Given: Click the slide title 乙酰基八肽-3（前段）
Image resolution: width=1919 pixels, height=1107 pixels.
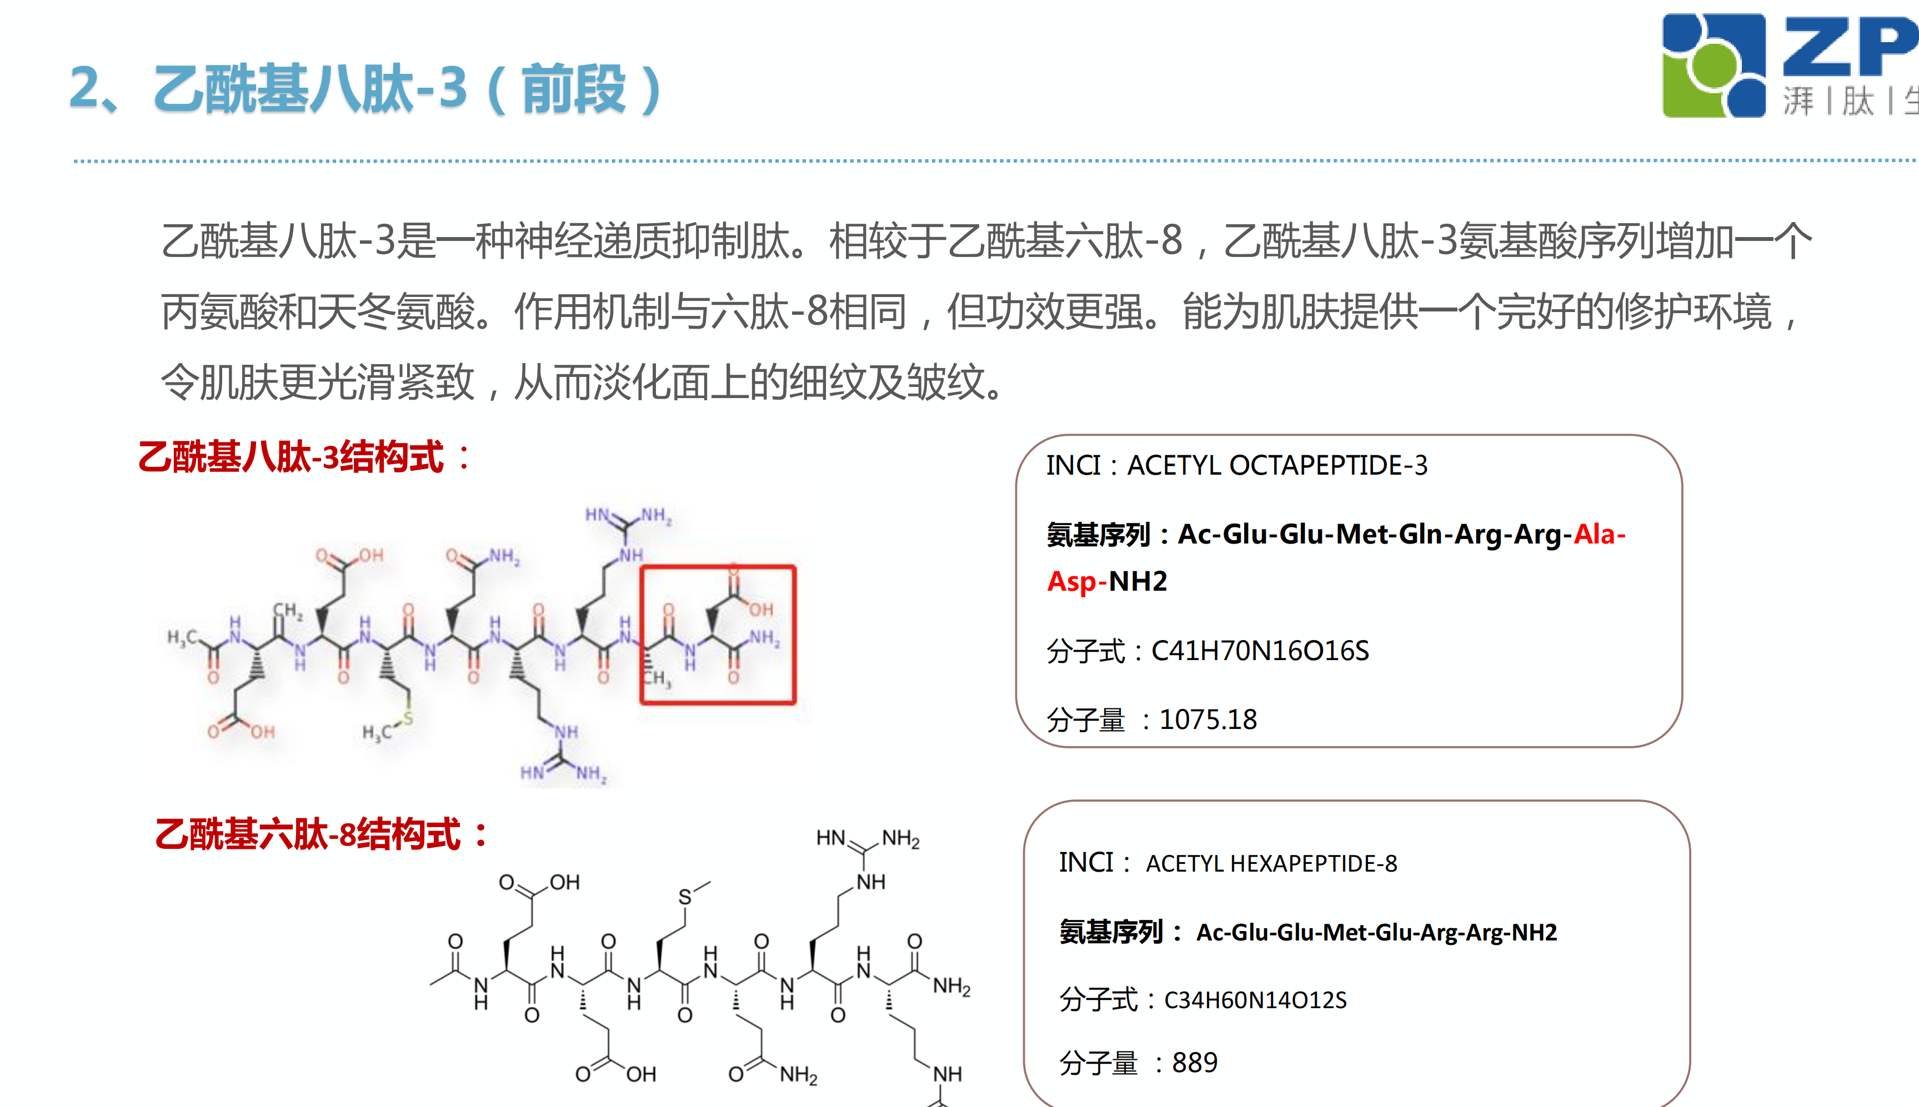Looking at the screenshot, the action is click(x=365, y=89).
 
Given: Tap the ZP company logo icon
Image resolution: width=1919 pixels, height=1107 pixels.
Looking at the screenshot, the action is click(x=1713, y=66).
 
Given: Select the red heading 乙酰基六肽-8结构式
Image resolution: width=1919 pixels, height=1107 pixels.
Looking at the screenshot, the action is click(x=319, y=834).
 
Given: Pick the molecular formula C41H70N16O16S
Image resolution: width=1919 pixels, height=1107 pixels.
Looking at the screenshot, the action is click(x=1260, y=651).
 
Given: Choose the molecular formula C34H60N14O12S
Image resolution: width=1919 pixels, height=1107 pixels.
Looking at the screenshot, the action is click(x=1255, y=1000).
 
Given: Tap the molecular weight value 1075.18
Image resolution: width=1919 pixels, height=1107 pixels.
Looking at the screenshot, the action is click(x=1208, y=719).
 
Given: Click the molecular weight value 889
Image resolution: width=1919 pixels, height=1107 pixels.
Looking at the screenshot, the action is click(x=1194, y=1062).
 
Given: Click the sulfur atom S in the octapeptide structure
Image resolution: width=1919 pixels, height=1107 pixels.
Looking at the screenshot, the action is click(x=408, y=718).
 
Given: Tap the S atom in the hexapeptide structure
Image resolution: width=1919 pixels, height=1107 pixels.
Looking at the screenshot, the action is click(x=684, y=897).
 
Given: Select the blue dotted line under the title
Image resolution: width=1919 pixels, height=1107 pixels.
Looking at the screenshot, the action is click(x=989, y=161).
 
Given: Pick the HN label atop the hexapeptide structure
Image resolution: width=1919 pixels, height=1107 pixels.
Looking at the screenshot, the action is click(x=830, y=838).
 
